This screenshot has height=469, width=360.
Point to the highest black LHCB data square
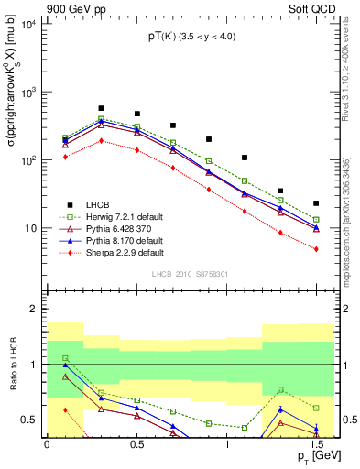coord(101,108)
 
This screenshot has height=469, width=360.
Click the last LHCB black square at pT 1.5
coord(316,203)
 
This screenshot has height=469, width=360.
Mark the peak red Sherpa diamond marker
coord(101,140)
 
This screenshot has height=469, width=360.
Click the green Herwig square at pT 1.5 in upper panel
coord(316,220)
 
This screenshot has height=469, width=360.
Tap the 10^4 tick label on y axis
coord(27,25)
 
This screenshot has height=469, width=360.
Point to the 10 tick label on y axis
coord(30,227)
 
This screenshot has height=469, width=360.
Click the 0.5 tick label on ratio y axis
coord(30,420)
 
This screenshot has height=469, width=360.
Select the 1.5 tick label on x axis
coord(316,443)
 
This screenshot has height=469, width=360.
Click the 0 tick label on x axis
coord(47,443)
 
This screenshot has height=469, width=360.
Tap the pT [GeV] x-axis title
coord(313,455)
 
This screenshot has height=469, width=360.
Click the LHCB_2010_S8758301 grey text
coord(191,273)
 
